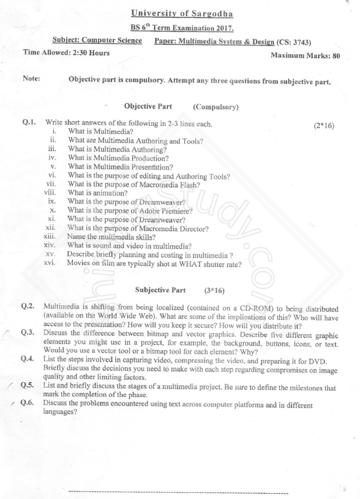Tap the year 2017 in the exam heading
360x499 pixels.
coord(225,28)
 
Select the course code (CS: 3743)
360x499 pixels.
coord(294,42)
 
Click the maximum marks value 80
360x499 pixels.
coord(336,56)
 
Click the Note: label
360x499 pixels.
coord(31,78)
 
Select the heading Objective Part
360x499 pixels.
coord(148,106)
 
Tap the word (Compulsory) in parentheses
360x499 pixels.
coord(216,107)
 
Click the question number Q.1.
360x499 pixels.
coord(29,122)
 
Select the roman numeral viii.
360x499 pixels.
coord(50,192)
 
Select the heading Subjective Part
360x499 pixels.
coord(160,290)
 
